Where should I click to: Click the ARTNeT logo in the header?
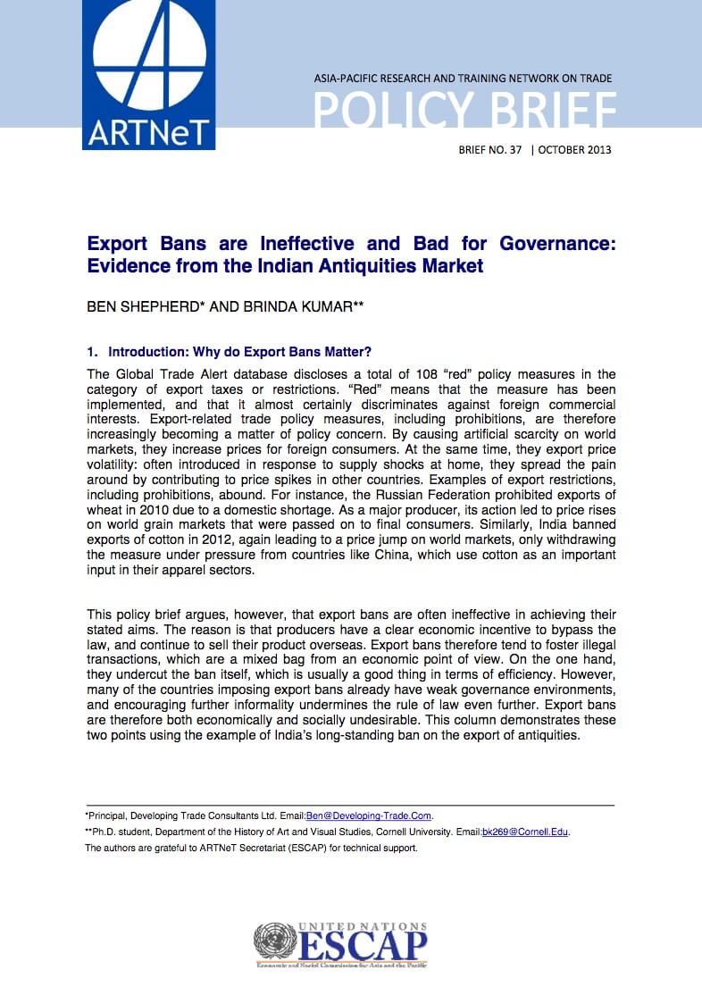click(x=148, y=75)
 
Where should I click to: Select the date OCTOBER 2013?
click(x=575, y=149)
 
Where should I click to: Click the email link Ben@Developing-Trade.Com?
click(x=369, y=815)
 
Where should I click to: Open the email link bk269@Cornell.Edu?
click(x=525, y=832)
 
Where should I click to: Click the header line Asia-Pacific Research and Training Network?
click(x=463, y=79)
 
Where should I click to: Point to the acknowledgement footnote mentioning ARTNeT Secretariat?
click(x=251, y=849)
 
